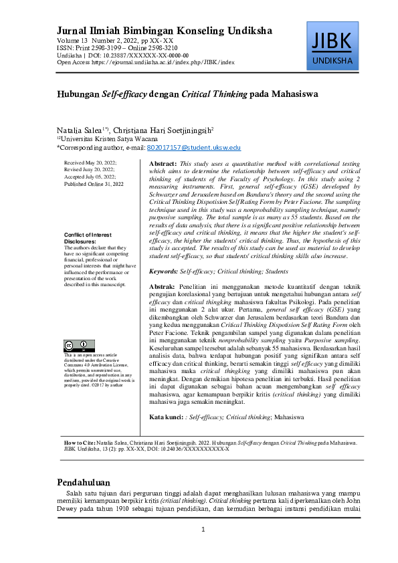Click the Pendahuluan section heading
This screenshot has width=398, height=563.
click(x=83, y=483)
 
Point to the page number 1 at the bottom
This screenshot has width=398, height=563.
click(x=203, y=530)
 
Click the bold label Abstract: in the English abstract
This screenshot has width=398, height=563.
click(x=163, y=163)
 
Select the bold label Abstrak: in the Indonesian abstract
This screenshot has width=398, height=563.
click(x=162, y=286)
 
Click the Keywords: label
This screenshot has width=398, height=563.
click(x=163, y=271)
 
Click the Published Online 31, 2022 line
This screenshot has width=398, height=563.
click(x=94, y=183)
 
